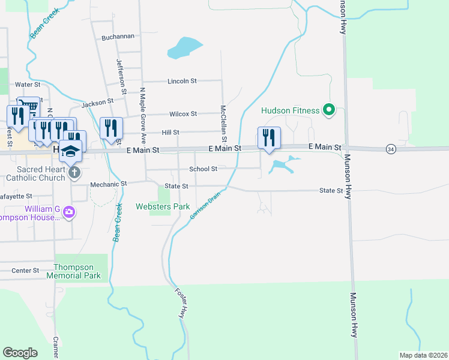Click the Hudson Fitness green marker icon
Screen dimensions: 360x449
pyautogui.click(x=328, y=110)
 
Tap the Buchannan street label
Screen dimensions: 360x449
pyautogui.click(x=118, y=37)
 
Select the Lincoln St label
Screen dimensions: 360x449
pyautogui.click(x=182, y=81)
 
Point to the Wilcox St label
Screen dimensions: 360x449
pyautogui.click(x=183, y=114)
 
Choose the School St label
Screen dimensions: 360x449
pyautogui.click(x=203, y=169)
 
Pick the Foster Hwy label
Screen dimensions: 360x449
pyautogui.click(x=180, y=304)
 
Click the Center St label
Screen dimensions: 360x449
pyautogui.click(x=25, y=271)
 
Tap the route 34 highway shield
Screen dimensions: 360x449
pyautogui.click(x=391, y=149)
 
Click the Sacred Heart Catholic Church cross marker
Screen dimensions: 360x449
pyautogui.click(x=74, y=173)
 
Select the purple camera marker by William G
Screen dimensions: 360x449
pyautogui.click(x=69, y=211)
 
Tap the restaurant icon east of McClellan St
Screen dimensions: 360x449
pyautogui.click(x=269, y=138)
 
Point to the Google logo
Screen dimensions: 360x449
pyautogui.click(x=20, y=353)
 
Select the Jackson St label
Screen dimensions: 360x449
pyautogui.click(x=98, y=103)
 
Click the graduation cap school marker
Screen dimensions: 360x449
pyautogui.click(x=71, y=151)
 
